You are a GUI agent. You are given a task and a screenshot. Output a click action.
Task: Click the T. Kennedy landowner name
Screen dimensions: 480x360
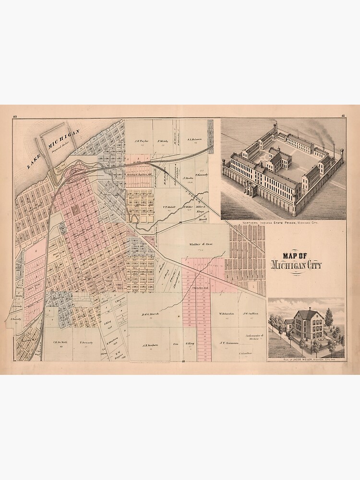(x=200, y=175)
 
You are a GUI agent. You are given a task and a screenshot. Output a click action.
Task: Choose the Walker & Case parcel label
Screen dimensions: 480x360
(x=200, y=245)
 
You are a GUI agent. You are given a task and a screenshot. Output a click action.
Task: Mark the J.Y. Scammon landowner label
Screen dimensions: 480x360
(x=229, y=343)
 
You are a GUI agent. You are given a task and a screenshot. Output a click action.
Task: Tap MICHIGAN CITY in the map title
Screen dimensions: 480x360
(x=297, y=265)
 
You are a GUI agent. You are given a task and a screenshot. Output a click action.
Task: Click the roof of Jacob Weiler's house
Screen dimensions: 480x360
(x=310, y=315)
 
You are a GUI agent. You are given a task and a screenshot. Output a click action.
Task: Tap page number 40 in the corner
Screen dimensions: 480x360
(x=15, y=116)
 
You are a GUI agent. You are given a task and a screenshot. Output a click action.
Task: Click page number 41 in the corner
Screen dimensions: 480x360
(x=343, y=116)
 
